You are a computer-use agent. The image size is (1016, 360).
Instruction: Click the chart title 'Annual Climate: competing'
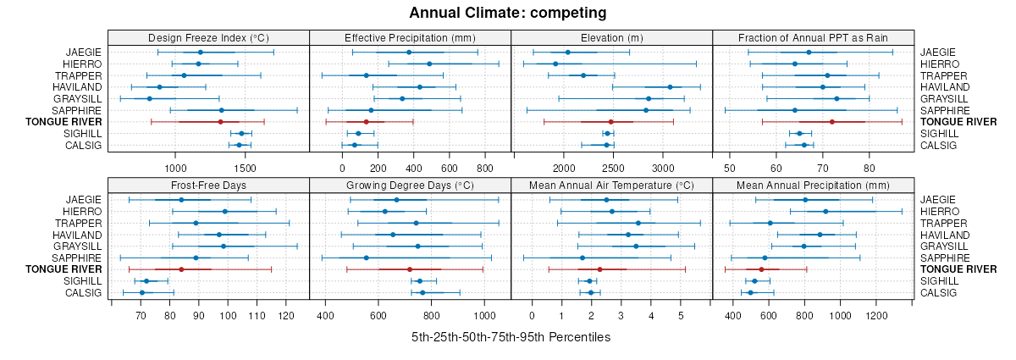point(508,13)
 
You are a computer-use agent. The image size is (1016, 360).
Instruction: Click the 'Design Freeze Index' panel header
point(208,37)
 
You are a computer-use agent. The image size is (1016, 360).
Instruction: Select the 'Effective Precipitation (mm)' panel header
point(410,37)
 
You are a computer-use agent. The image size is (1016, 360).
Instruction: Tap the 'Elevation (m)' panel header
point(611,37)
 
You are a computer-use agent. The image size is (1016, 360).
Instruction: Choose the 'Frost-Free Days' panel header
point(208,185)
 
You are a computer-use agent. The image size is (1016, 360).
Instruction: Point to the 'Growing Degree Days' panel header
point(410,185)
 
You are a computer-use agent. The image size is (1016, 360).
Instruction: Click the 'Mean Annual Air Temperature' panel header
point(611,185)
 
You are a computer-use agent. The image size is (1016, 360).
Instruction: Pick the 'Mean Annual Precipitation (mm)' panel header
point(813,185)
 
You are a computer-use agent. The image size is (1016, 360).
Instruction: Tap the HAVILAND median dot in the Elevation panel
point(670,86)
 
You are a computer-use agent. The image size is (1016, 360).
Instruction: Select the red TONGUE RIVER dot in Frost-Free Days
point(181,269)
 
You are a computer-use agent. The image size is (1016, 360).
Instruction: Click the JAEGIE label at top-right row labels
point(939,53)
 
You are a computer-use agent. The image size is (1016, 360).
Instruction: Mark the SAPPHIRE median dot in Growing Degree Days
point(366,258)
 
